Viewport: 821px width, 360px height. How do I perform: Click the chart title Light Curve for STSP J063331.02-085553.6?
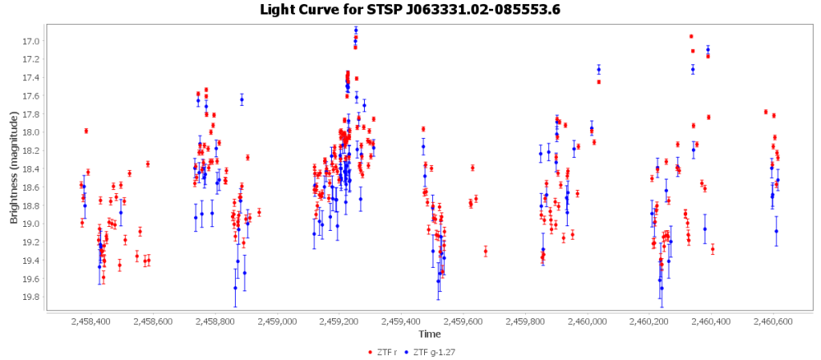tap(410, 10)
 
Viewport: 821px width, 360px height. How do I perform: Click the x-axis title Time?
tap(428, 334)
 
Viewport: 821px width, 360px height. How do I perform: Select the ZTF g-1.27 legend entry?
tap(433, 351)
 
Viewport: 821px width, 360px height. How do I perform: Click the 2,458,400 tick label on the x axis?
tap(91, 322)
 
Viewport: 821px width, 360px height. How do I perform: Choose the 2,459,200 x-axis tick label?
tap(339, 322)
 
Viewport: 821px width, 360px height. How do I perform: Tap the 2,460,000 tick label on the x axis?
tap(587, 322)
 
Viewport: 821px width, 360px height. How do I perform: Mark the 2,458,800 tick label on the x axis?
tap(215, 322)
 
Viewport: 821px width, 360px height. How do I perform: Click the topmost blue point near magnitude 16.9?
tap(356, 30)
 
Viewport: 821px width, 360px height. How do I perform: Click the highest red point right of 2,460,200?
tap(691, 36)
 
